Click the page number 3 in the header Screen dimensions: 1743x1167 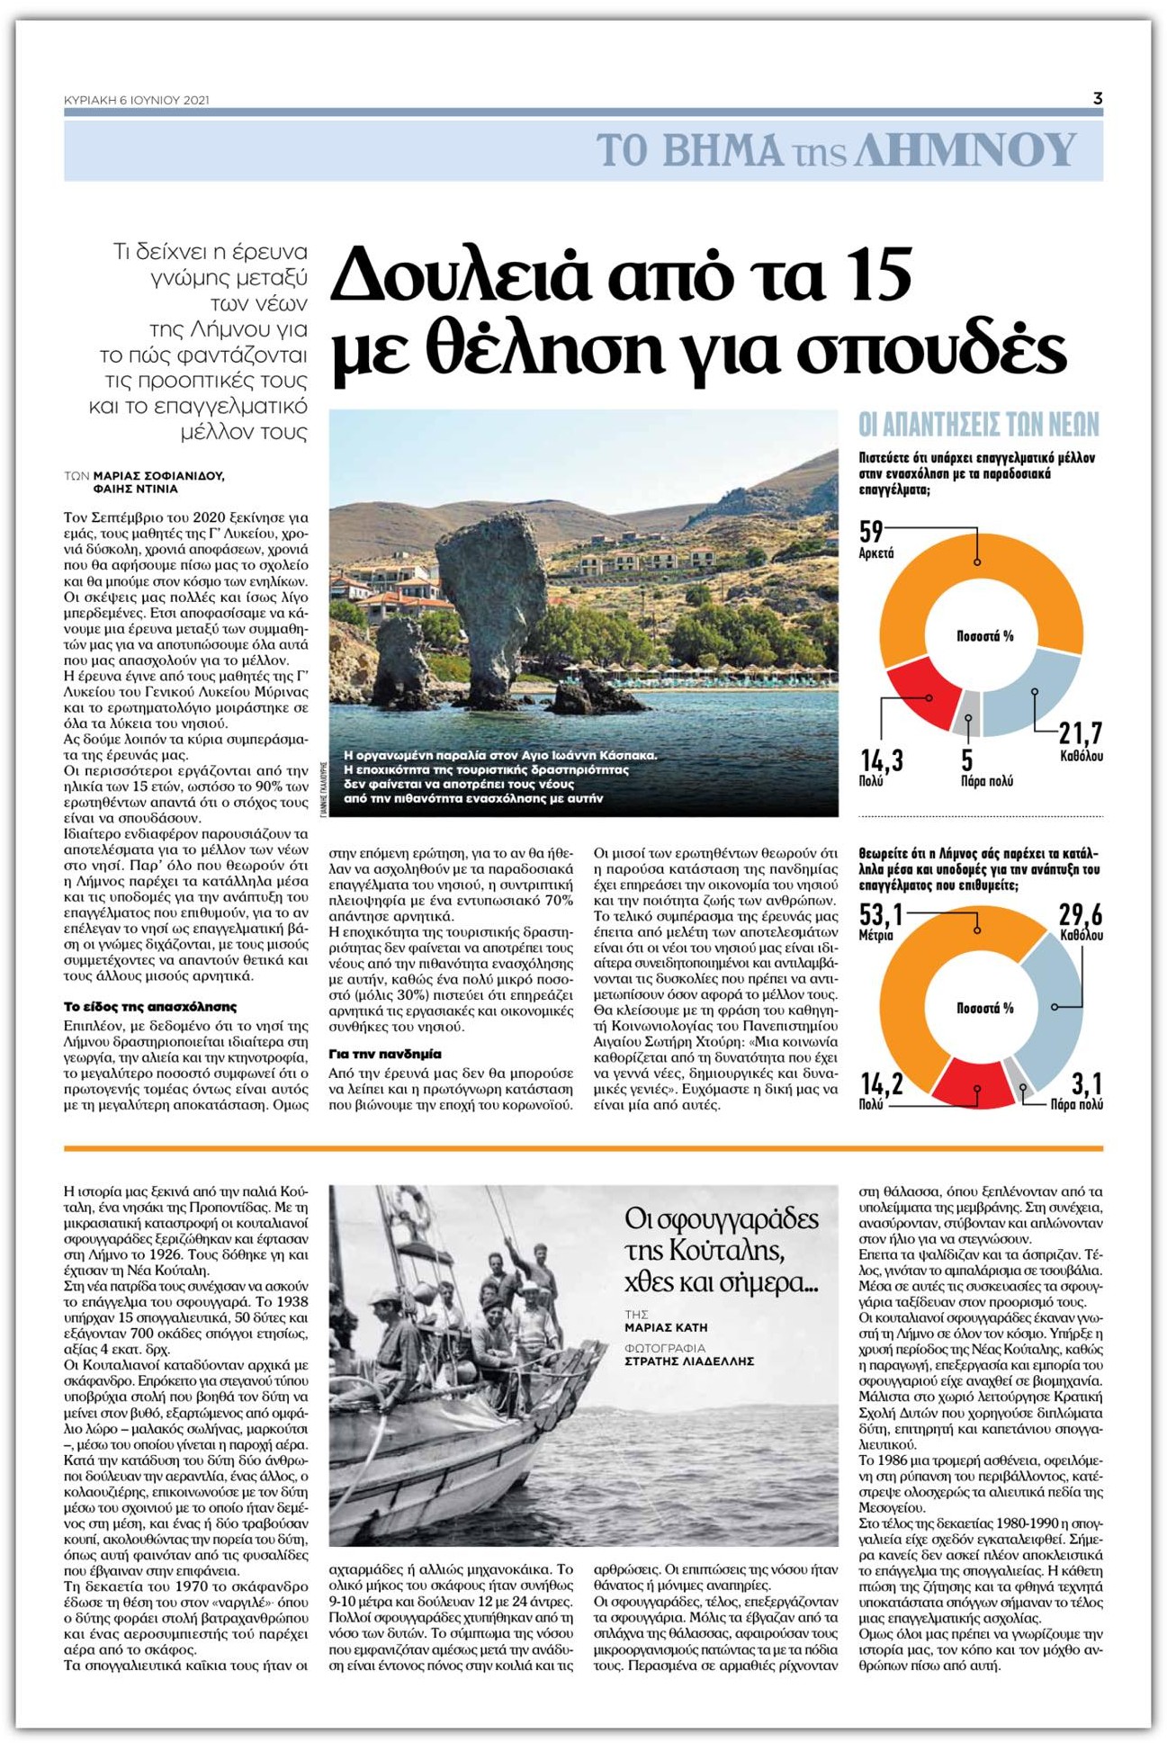point(1097,99)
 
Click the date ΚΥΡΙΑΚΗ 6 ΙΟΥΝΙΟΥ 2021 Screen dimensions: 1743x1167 point(137,100)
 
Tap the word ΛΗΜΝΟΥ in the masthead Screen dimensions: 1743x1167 point(965,150)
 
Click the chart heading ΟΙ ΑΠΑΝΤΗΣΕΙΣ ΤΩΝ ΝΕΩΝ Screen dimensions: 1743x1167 point(979,424)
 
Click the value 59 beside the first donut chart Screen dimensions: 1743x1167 point(871,532)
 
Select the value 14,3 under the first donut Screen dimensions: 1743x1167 point(882,761)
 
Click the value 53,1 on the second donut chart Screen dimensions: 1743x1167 point(881,915)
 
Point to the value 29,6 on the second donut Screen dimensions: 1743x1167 point(1080,915)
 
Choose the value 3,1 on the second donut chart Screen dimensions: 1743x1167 point(1086,1083)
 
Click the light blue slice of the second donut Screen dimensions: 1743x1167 point(1053,1008)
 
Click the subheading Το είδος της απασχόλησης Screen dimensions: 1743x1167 point(150,1007)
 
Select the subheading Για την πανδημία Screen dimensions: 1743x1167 point(385,1054)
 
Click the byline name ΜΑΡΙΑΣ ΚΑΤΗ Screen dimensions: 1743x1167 point(666,1327)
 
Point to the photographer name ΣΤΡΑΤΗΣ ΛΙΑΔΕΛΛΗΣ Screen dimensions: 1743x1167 point(689,1361)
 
